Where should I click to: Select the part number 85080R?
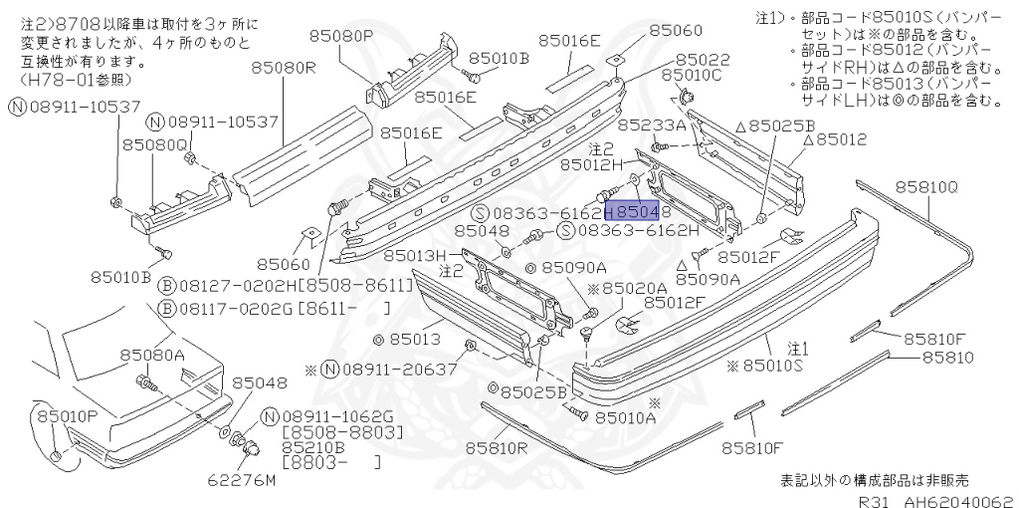(x=283, y=68)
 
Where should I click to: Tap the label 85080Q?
(x=155, y=145)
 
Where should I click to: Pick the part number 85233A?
(x=652, y=127)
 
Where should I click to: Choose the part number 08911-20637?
(x=388, y=370)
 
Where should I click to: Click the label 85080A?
(x=153, y=355)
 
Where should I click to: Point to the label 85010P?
(x=68, y=413)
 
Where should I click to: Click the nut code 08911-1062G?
(x=338, y=416)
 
